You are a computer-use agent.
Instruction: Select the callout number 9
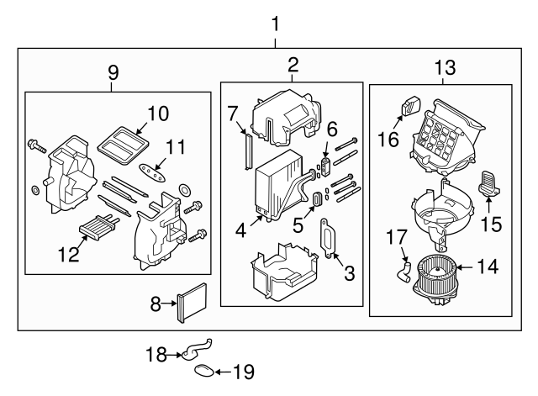(113, 73)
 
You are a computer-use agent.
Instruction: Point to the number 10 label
(158, 113)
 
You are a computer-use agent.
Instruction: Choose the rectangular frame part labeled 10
(120, 141)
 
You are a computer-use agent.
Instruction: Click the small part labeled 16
(412, 108)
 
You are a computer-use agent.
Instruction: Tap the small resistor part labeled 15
(489, 183)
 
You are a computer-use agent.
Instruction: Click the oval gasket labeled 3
(326, 236)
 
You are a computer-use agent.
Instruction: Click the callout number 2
(292, 65)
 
